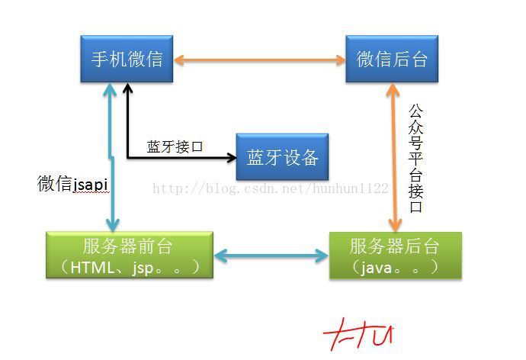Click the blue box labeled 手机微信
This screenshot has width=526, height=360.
coord(127,59)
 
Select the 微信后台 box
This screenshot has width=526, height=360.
coord(392,59)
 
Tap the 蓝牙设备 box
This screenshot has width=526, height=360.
coord(282,157)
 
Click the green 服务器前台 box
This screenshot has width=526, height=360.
coord(127,256)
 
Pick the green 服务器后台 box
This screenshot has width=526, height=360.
coord(395,256)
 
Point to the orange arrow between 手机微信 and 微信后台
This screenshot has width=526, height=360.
coord(260,59)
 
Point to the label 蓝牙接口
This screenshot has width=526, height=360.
coord(175,146)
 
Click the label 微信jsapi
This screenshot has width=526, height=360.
coord(73,184)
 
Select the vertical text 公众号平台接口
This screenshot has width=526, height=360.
coord(415,159)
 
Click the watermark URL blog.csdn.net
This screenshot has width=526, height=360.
coord(271,188)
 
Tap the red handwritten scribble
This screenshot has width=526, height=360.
coord(358,335)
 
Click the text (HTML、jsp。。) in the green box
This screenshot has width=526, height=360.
coord(127,266)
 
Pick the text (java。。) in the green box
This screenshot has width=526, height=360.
coord(395,266)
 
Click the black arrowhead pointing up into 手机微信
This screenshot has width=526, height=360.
coord(128,88)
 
